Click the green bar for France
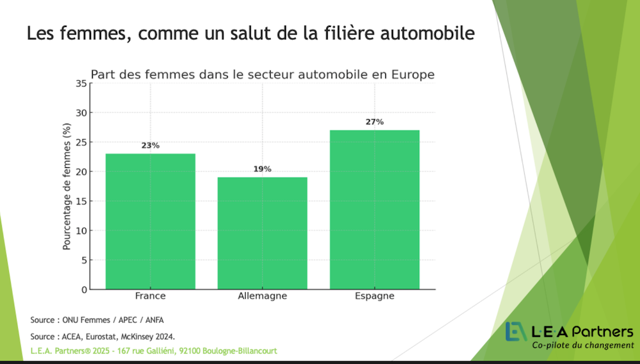coord(150,221)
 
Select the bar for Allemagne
coord(262,233)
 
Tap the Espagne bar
coord(374,210)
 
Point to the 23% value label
coord(150,145)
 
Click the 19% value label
coord(262,169)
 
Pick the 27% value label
coord(374,122)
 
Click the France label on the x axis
coord(150,296)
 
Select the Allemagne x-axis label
coord(262,296)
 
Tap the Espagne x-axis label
coord(374,296)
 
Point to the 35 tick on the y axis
coord(81,83)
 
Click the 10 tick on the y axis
coord(81,231)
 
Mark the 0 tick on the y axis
coord(83,290)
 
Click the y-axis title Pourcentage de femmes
coord(67,186)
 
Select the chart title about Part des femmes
coord(262,75)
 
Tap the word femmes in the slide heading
coord(92,33)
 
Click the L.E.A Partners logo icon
coord(516,331)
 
